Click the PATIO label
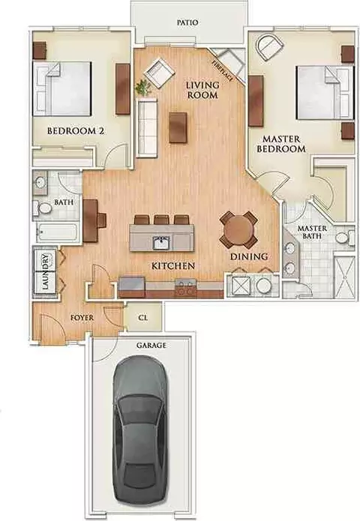[187, 22]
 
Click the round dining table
[238, 231]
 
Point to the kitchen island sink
[161, 243]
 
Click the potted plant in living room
[143, 87]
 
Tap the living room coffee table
[178, 127]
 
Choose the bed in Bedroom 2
[61, 88]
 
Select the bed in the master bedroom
[325, 92]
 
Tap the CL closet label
[143, 318]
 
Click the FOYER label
[82, 318]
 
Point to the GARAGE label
[151, 346]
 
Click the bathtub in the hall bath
[56, 232]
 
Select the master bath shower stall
[344, 277]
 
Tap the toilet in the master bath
[345, 238]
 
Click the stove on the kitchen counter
[185, 287]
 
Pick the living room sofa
[146, 127]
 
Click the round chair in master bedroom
[269, 46]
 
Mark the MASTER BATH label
[312, 232]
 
